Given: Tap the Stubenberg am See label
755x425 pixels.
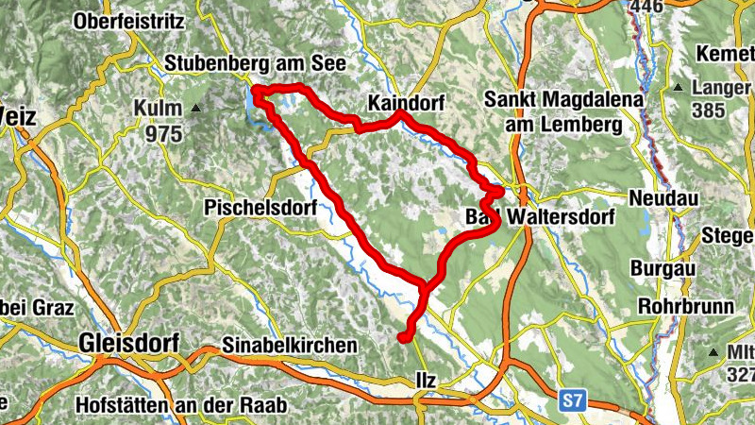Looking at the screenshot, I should [x=256, y=63].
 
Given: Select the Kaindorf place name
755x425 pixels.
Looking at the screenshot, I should [x=405, y=101].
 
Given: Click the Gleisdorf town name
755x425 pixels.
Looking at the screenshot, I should [x=129, y=343].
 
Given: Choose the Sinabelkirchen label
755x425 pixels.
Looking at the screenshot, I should [x=289, y=346].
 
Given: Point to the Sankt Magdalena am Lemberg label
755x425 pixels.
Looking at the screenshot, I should [x=551, y=111].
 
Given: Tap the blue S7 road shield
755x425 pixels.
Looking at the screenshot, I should [x=571, y=400].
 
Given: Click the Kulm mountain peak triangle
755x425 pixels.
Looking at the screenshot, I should [x=197, y=109].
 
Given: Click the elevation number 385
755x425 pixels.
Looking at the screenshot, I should [x=708, y=110].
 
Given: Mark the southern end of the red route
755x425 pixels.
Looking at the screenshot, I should [x=403, y=337].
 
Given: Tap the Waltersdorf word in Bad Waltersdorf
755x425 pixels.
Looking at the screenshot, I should [x=561, y=217].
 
